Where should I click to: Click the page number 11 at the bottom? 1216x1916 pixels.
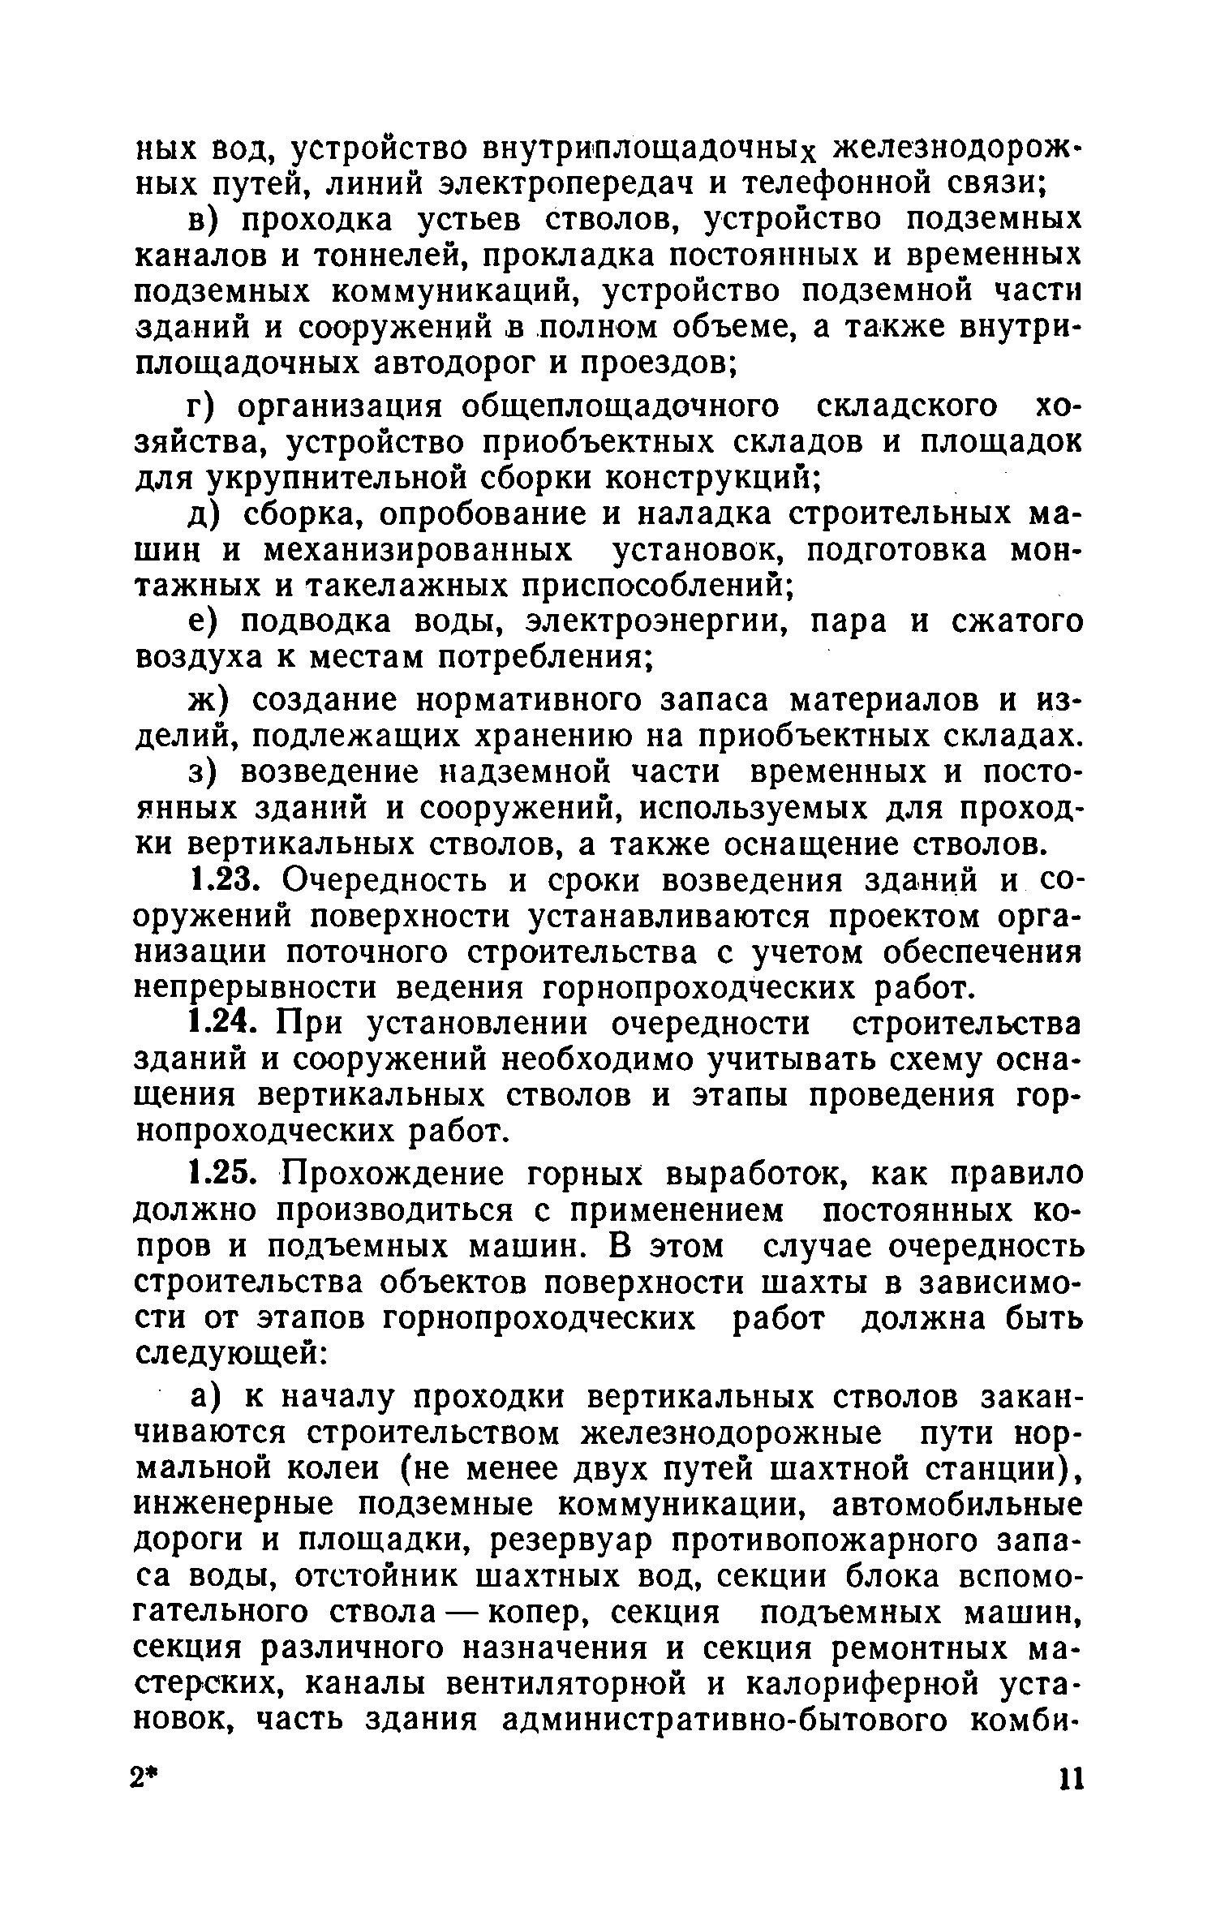(x=1071, y=1782)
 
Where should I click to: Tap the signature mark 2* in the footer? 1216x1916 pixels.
(x=147, y=1782)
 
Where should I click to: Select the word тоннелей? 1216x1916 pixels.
(x=397, y=256)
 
